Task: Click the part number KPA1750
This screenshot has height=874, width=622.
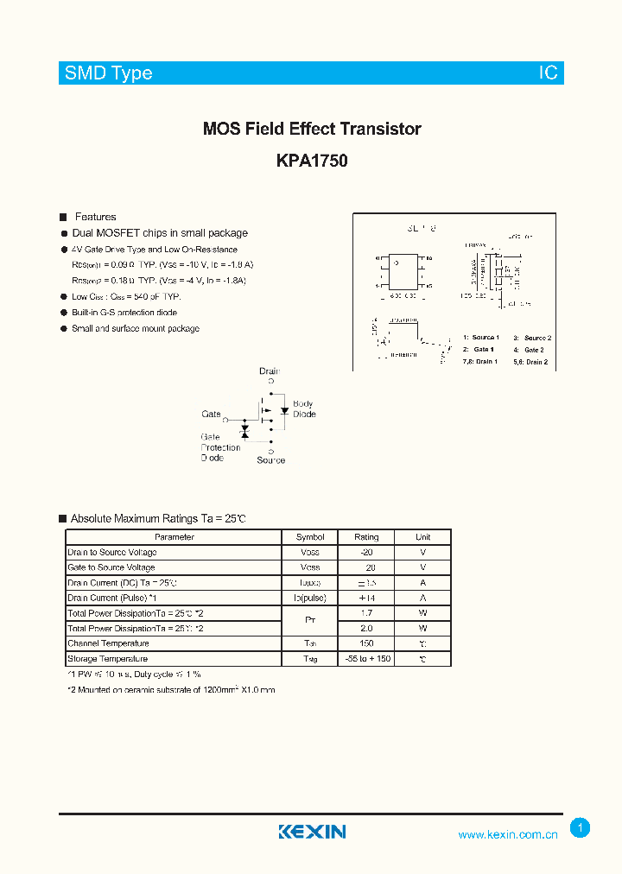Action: coord(312,160)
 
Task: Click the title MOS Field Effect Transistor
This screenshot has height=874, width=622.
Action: coord(312,129)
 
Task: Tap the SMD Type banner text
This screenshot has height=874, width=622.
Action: coord(108,73)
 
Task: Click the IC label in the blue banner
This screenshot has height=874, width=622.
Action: coord(549,73)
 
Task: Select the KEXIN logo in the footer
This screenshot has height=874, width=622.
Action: coord(312,832)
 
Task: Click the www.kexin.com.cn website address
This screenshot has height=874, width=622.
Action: coord(507,834)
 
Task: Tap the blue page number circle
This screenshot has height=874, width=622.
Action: coord(581,827)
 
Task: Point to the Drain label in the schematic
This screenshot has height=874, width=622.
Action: coord(270,371)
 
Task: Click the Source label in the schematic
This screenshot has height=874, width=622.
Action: coord(270,460)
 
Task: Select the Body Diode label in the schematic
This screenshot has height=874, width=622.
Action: coord(304,408)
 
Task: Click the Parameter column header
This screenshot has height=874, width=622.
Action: coord(175,536)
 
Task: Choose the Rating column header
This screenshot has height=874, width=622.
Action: coord(366,536)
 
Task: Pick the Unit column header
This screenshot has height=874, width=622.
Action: coord(422,536)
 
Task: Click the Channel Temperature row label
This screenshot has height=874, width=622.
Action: coord(108,643)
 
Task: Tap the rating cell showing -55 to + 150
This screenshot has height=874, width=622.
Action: coord(366,659)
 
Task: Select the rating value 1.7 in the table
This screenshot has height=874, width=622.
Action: coord(366,613)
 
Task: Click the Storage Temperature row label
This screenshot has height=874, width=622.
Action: coord(107,659)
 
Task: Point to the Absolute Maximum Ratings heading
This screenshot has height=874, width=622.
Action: coord(158,518)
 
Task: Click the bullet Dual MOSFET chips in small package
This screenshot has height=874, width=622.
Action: coord(160,233)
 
